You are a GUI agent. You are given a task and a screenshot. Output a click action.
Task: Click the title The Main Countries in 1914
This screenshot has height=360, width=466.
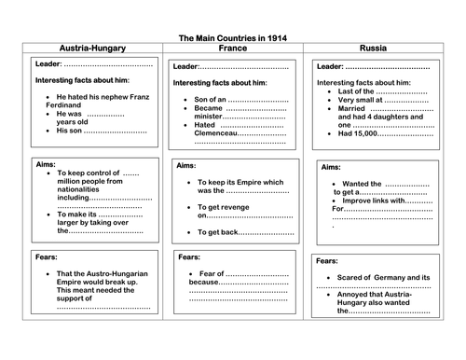pyautogui.click(x=233, y=38)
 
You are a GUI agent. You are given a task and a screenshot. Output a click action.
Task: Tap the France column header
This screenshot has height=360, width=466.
pyautogui.click(x=232, y=48)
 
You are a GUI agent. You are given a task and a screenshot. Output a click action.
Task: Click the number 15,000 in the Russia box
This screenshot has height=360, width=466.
pyautogui.click(x=364, y=133)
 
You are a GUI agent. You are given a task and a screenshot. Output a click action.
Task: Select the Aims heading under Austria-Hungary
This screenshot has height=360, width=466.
pyautogui.click(x=46, y=163)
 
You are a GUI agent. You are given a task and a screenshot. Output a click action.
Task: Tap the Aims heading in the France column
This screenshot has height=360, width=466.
pyautogui.click(x=185, y=166)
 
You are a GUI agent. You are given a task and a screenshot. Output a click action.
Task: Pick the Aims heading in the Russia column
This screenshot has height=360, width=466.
pyautogui.click(x=331, y=167)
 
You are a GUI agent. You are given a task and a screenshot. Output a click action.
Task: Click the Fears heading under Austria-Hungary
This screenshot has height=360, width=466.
pyautogui.click(x=47, y=255)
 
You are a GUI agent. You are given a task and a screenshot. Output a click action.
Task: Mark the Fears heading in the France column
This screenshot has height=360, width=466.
pyautogui.click(x=189, y=256)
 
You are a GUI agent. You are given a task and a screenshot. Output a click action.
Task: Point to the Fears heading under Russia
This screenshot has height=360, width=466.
pyautogui.click(x=327, y=261)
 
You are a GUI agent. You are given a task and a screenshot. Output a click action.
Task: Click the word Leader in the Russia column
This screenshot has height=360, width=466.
pyautogui.click(x=330, y=67)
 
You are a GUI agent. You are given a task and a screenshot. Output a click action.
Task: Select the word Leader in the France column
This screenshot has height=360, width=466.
pyautogui.click(x=185, y=67)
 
